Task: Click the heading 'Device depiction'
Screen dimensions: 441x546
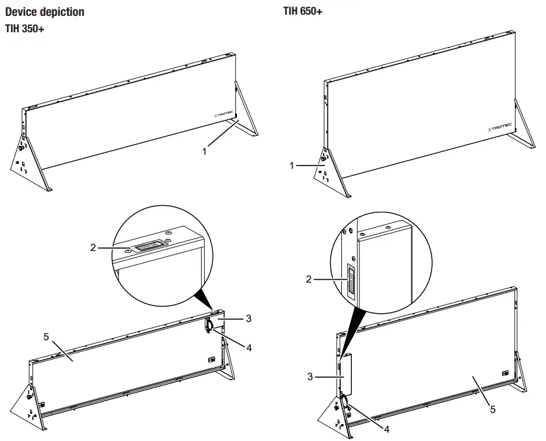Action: [x=45, y=12]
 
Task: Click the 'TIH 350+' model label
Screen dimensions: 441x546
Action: [x=25, y=29]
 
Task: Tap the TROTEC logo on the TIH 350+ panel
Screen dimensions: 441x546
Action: [x=224, y=116]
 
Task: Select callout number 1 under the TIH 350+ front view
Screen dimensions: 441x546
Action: [x=204, y=151]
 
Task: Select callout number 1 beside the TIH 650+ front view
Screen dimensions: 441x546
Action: [x=291, y=166]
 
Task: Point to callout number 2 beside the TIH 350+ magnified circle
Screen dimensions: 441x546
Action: [x=93, y=247]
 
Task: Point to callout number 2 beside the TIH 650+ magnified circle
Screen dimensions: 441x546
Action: [x=309, y=279]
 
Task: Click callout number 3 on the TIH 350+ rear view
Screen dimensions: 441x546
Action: [x=249, y=318]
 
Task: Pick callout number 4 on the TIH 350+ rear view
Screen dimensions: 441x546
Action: [x=249, y=347]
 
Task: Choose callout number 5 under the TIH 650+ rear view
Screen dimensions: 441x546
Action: [x=493, y=409]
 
